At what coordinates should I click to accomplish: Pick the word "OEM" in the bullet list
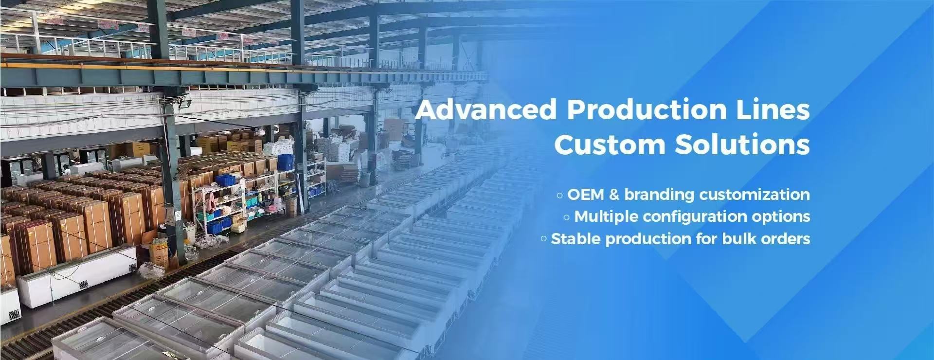[x=586, y=195]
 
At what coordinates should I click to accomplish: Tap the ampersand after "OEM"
[x=614, y=195]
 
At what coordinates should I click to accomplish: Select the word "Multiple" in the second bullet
[x=606, y=216]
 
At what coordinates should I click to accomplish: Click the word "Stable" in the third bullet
[x=575, y=239]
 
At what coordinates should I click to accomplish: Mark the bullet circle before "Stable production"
[x=544, y=239]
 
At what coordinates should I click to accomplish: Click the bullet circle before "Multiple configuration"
[x=567, y=217]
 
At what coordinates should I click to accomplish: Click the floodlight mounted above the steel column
[x=183, y=103]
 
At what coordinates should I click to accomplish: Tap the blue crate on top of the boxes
[x=285, y=162]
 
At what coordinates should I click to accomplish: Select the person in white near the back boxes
[x=66, y=170]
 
